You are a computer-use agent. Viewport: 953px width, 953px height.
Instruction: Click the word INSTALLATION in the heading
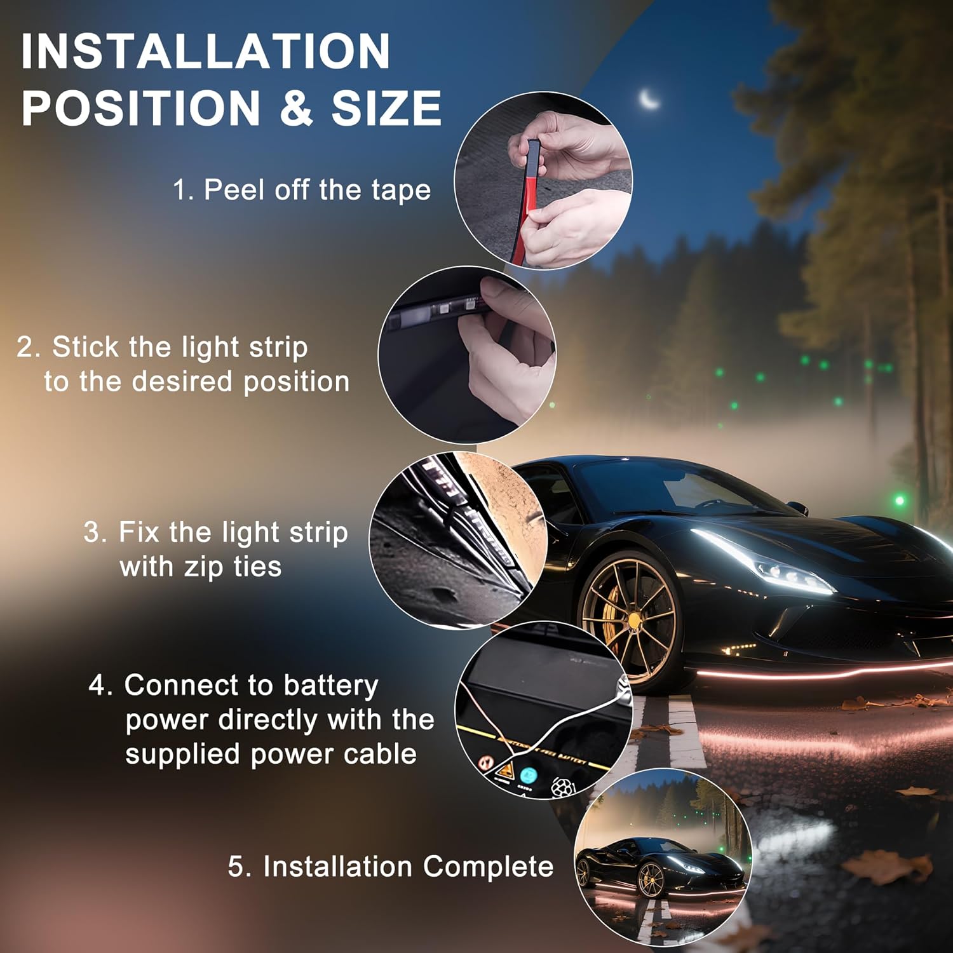[206, 51]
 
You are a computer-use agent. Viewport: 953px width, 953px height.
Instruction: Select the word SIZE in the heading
[386, 107]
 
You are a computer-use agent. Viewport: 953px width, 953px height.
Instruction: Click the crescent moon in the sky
[649, 99]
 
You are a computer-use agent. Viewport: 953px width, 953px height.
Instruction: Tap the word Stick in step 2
[85, 347]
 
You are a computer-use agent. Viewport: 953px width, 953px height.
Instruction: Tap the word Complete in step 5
[488, 867]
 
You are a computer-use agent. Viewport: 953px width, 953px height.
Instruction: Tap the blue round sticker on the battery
[528, 776]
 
